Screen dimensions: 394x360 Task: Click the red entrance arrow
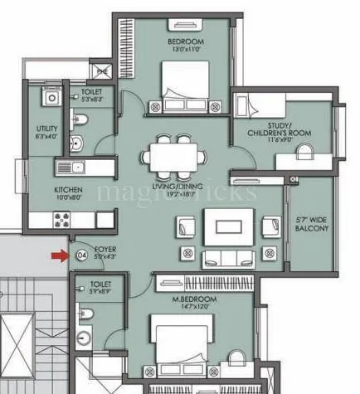click(x=58, y=255)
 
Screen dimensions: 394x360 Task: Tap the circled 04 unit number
click(x=81, y=255)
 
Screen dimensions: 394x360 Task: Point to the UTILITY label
click(x=46, y=129)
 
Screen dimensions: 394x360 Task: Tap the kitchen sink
click(x=72, y=167)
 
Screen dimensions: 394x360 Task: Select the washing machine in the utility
click(x=50, y=98)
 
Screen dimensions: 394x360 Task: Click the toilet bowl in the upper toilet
click(x=79, y=121)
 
